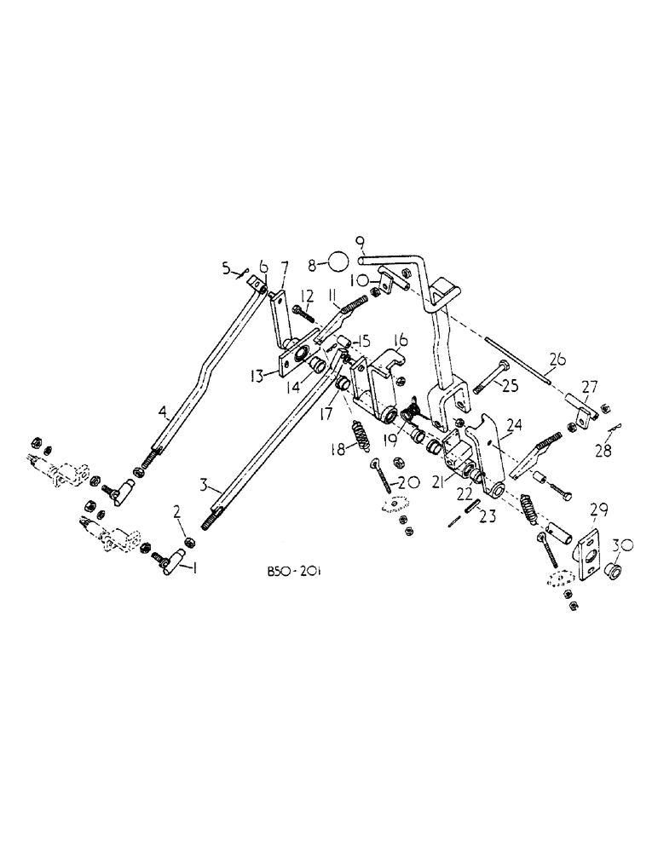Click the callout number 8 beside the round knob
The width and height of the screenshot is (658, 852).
click(312, 265)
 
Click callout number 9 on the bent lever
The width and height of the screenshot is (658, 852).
click(361, 240)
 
